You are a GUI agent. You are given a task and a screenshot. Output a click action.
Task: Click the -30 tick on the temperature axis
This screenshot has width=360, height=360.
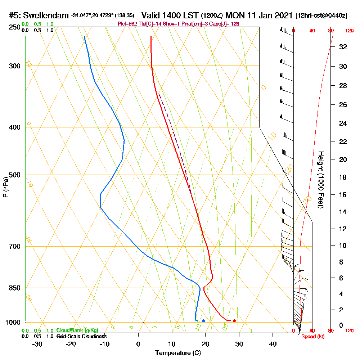37,344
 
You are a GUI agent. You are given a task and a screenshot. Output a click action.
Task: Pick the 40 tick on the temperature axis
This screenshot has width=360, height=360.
273,344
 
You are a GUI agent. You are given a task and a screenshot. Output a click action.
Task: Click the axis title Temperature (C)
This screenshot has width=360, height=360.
178,353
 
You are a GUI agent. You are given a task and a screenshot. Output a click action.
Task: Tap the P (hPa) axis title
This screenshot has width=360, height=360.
5,187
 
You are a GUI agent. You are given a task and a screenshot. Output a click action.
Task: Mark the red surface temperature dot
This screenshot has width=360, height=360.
234,321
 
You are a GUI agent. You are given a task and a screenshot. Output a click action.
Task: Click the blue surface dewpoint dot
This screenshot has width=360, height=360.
203,321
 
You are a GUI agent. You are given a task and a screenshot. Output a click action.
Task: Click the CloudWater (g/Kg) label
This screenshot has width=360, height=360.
77,330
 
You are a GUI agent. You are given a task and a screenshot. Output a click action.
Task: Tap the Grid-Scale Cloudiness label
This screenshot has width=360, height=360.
81,336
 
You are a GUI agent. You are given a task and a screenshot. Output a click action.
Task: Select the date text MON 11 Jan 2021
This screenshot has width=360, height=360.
258,15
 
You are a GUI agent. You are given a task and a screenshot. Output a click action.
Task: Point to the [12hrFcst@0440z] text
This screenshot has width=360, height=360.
321,15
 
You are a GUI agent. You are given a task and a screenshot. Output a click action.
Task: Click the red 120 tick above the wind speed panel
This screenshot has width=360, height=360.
349,31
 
